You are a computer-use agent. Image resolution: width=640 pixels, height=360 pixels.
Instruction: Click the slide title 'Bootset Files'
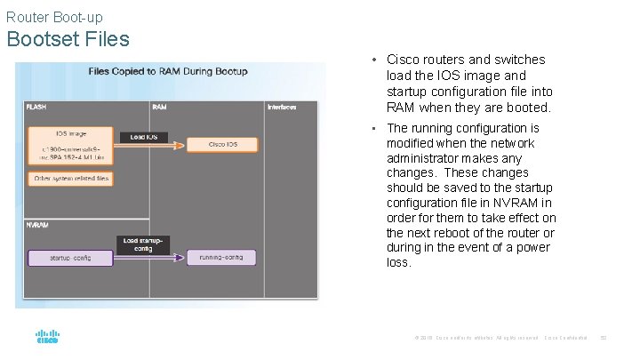click(68, 39)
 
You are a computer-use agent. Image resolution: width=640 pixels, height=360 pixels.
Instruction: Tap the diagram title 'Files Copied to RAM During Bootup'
click(167, 71)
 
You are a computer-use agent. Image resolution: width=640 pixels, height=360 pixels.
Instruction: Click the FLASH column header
click(36, 107)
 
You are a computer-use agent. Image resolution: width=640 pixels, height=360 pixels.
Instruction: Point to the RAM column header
click(159, 107)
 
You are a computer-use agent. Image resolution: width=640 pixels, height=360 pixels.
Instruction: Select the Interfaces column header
click(282, 107)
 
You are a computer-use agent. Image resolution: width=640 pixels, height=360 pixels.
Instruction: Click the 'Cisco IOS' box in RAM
click(222, 145)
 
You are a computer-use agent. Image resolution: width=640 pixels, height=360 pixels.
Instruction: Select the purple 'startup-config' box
click(71, 258)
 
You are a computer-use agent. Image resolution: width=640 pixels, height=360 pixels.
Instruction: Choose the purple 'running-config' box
click(222, 258)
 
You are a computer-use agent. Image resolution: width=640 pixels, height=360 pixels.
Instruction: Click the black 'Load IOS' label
click(143, 137)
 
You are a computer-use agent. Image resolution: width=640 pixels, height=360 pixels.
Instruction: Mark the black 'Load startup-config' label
click(143, 244)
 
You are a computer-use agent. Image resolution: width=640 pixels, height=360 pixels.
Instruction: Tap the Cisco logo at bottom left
click(46, 338)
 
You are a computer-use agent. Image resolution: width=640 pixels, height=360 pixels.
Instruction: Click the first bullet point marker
click(376, 60)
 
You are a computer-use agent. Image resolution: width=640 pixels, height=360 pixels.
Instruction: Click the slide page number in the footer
click(602, 338)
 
